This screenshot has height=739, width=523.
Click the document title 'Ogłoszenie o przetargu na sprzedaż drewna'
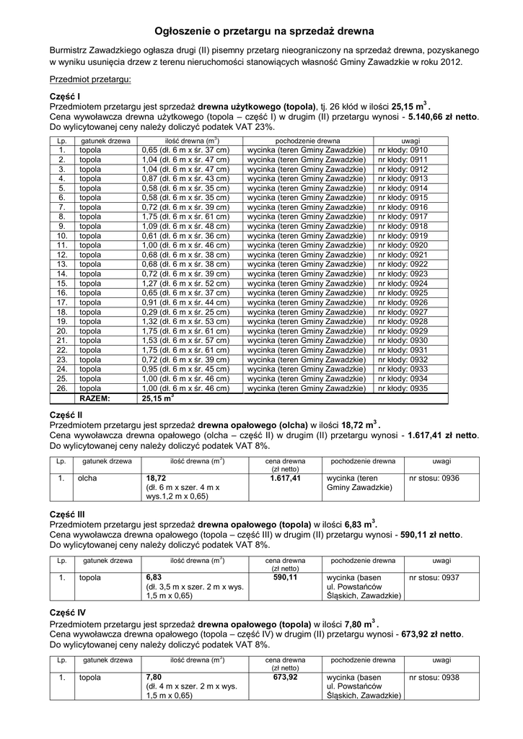[x=261, y=32]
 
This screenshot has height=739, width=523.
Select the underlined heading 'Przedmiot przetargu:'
[x=90, y=79]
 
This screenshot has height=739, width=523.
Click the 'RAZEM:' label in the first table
[x=95, y=398]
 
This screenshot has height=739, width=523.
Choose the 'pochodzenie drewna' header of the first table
[x=308, y=140]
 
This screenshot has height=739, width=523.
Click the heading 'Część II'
[x=66, y=416]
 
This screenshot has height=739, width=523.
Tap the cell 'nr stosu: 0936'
[x=434, y=478]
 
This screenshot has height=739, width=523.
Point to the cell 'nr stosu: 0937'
[x=434, y=577]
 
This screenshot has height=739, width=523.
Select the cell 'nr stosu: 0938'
[x=434, y=677]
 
